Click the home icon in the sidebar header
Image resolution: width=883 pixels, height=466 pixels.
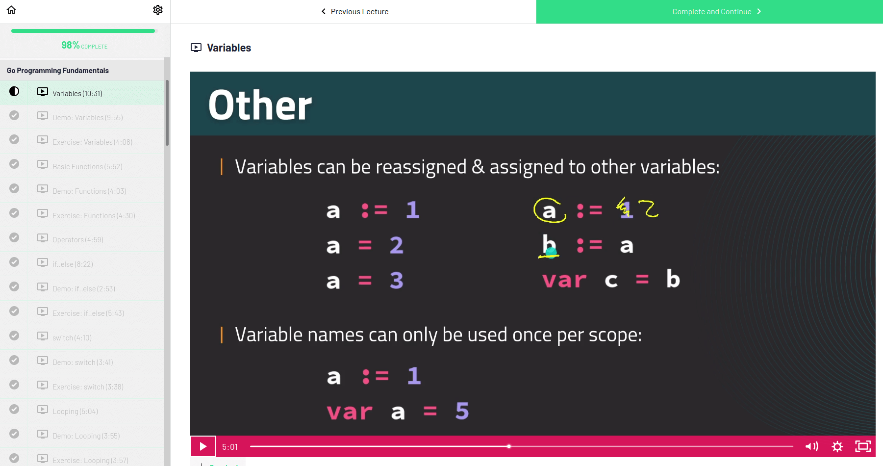click(11, 10)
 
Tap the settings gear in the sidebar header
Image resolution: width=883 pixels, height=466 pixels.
click(158, 10)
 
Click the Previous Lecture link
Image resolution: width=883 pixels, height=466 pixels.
click(354, 11)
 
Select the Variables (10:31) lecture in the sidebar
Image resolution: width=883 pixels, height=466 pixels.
click(77, 93)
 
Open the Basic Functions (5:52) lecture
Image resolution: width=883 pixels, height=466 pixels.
click(87, 167)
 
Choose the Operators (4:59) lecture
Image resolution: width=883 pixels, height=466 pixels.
click(78, 240)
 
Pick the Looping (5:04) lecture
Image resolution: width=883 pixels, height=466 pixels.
click(75, 412)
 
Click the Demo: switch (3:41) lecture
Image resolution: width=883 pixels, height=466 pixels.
click(82, 362)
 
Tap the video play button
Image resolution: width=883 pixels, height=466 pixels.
click(203, 446)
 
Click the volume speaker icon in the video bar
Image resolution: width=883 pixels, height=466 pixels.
click(811, 446)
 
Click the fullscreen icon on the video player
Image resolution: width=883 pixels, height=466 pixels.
click(863, 446)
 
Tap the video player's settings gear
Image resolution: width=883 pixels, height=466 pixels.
click(837, 446)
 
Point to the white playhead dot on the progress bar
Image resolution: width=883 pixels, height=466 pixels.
click(509, 446)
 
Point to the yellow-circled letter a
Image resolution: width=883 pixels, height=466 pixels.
click(549, 211)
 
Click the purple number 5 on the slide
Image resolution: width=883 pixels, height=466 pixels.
click(462, 411)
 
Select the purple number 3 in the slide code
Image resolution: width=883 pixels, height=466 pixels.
click(396, 281)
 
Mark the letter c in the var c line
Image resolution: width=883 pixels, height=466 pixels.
click(611, 281)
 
